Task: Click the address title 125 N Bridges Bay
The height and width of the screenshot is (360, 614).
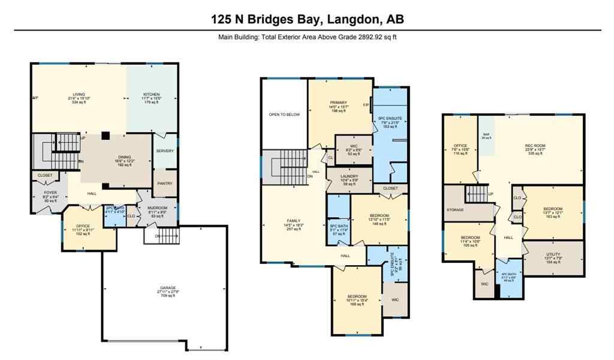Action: tap(307, 19)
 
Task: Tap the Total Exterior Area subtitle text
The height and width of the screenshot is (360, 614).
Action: tap(307, 37)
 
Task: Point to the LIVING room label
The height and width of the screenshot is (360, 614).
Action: tap(79, 95)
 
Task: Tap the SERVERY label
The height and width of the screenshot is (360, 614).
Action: tap(165, 151)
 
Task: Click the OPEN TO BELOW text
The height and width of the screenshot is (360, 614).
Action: tap(284, 115)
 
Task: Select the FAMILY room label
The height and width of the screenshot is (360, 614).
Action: tap(293, 221)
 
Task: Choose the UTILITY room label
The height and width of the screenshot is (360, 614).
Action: tap(553, 255)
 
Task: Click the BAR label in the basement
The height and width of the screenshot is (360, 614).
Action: tap(486, 134)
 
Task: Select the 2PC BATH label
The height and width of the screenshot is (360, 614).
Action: tap(115, 208)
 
